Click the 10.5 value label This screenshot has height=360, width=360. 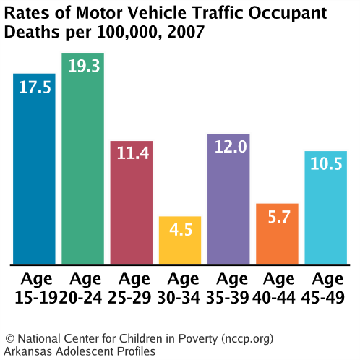click(325, 164)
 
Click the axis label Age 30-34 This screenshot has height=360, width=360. click(179, 287)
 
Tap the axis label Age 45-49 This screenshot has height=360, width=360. click(325, 287)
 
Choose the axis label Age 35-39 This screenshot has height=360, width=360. click(228, 287)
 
